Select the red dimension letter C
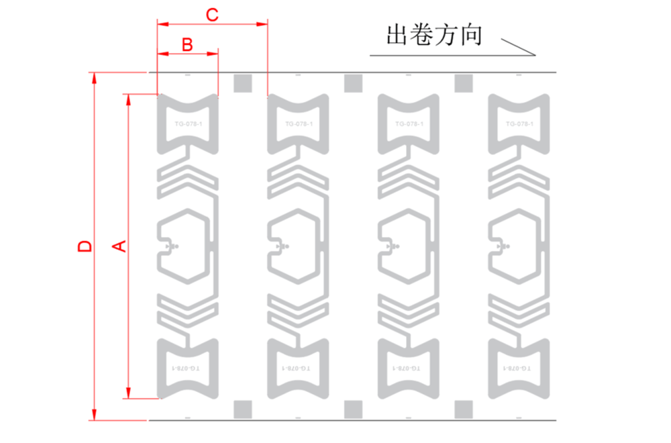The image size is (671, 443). coord(211,15)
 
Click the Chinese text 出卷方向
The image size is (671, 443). coord(434,35)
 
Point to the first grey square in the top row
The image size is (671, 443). coord(242,83)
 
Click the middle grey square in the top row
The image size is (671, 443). coord(352,83)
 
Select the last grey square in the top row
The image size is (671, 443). coord(464,83)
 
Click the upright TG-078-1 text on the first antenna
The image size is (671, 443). coord(187,124)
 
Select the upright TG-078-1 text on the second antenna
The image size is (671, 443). coord(298,124)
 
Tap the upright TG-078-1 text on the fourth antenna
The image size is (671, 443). coord(519,124)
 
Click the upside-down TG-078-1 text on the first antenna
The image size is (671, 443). coord(187,368)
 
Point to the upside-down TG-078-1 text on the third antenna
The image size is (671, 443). coord(409,368)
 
